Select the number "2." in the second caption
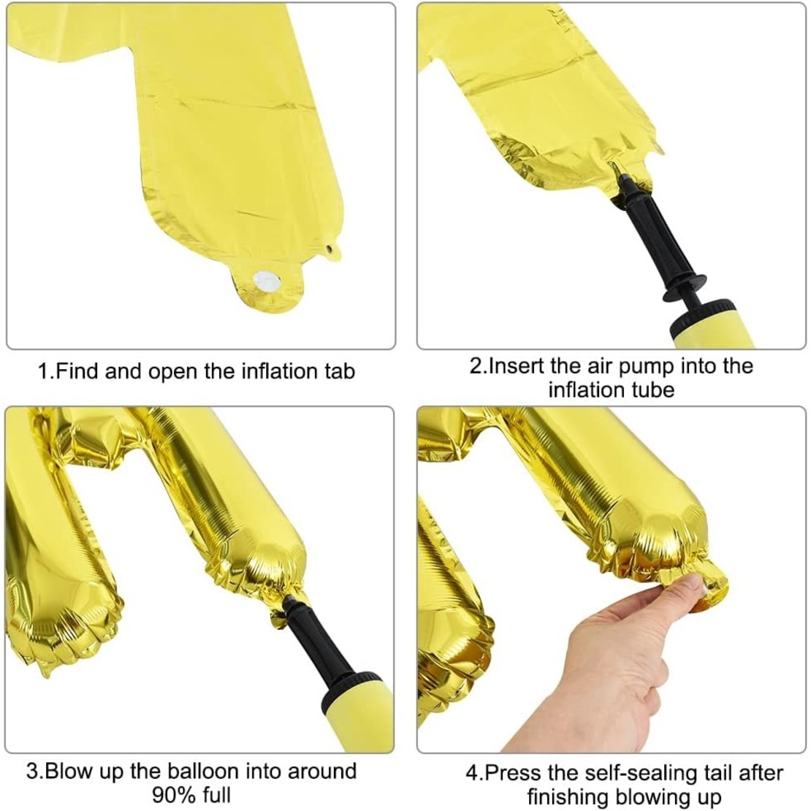(478, 365)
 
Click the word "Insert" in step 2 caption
(517, 365)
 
